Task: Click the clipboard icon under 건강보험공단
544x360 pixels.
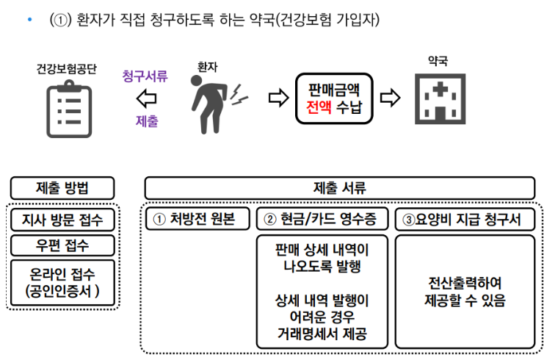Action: (69, 109)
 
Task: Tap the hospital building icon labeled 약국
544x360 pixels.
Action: (440, 99)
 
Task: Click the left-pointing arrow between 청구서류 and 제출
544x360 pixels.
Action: (146, 98)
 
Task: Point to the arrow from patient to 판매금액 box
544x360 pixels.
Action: (278, 98)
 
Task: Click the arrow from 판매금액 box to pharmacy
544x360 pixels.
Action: (391, 98)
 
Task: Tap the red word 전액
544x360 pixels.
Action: (319, 107)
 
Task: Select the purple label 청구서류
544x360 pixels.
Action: (145, 76)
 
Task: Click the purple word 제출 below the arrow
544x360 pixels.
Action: (147, 121)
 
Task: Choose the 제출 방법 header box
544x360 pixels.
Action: (62, 188)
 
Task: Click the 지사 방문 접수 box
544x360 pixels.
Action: (62, 220)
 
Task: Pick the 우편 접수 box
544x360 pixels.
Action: (62, 245)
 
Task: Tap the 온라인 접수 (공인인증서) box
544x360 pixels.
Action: (62, 283)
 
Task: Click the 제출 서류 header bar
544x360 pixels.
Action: (340, 188)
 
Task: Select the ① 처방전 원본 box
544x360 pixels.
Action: (197, 219)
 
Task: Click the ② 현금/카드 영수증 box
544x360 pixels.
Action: (322, 219)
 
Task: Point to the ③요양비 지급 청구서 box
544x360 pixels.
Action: (465, 219)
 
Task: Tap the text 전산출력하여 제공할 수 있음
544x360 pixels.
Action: (465, 292)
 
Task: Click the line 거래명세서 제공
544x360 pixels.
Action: (322, 334)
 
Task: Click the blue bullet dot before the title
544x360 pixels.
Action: (30, 19)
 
